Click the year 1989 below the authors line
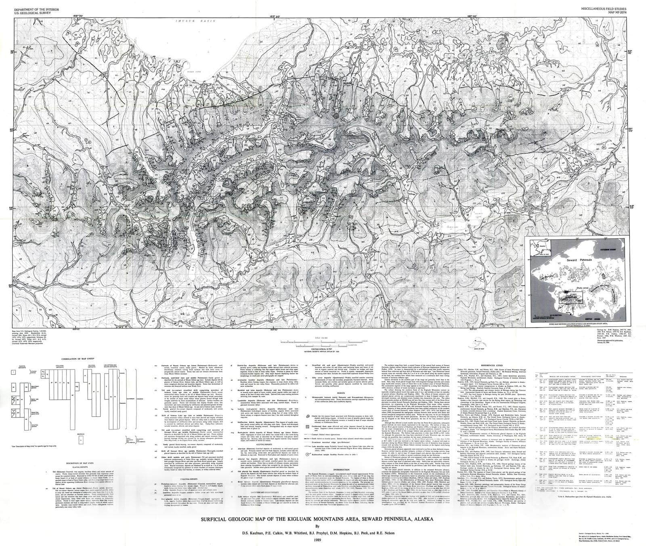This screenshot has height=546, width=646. pyautogui.click(x=317, y=538)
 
